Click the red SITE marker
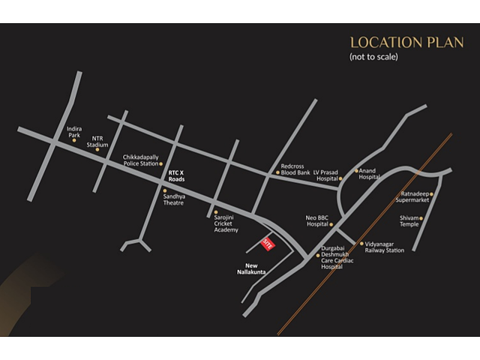[267, 243]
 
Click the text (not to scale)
[373, 57]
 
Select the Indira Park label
[74, 132]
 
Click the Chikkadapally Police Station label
[141, 160]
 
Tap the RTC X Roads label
[176, 176]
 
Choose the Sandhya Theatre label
[173, 199]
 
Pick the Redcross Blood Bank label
[295, 169]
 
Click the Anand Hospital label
[369, 174]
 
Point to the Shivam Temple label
[409, 220]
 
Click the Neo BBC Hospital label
[318, 220]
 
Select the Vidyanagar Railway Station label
[385, 247]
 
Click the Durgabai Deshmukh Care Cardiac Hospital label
[337, 257]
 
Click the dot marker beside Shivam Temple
[421, 218]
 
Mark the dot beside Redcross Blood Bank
[277, 172]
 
